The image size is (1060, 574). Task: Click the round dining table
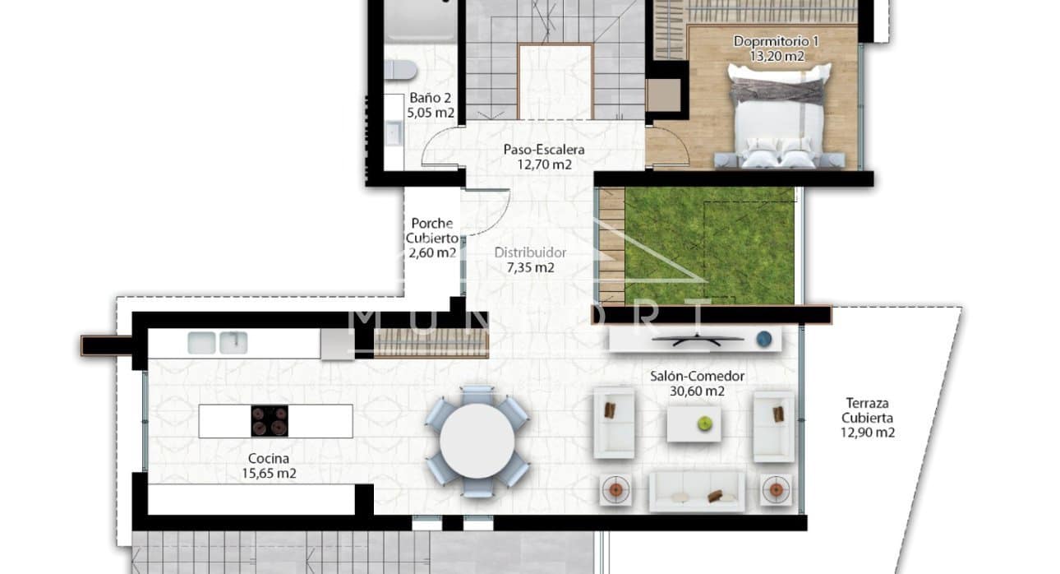(x=477, y=442)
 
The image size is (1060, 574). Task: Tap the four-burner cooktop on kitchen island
(x=270, y=421)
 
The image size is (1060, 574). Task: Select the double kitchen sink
(x=217, y=342)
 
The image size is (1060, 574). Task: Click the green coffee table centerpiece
(x=704, y=424)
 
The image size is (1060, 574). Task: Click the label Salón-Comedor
(x=697, y=376)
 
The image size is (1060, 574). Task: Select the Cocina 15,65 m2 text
(x=269, y=465)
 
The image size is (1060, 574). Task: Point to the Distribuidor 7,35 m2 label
(x=524, y=260)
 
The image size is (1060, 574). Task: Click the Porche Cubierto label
(x=432, y=230)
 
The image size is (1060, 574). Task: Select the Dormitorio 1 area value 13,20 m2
(x=777, y=57)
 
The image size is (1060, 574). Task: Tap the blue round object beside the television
(x=764, y=337)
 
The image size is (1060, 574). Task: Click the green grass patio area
(x=708, y=245)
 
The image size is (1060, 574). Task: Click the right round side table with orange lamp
(x=774, y=490)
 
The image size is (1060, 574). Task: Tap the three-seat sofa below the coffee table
(x=696, y=491)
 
